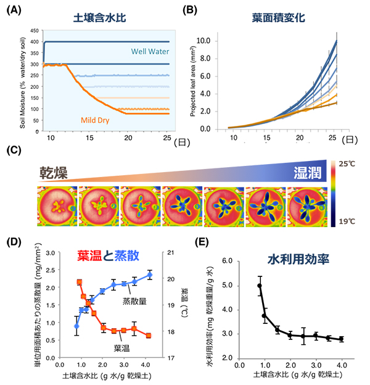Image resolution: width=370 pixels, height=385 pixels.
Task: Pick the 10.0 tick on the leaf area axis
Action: coord(203,41)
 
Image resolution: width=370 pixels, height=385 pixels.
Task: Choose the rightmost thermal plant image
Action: coord(306,205)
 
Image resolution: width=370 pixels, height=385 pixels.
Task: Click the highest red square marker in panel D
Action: coord(80,282)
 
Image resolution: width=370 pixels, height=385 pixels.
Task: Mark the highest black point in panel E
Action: coord(260,286)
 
